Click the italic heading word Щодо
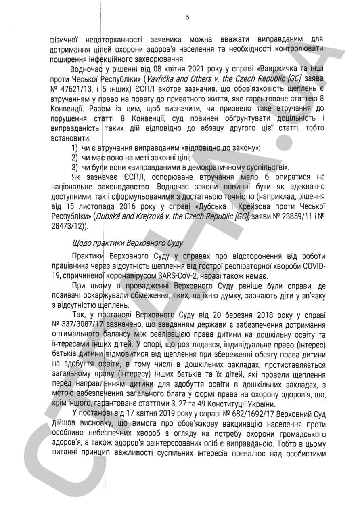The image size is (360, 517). coord(79,244)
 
